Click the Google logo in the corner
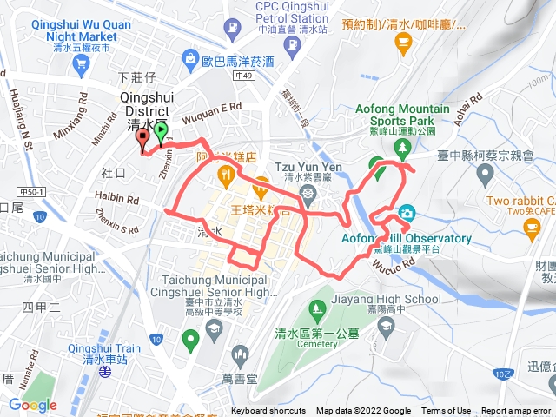coord(33,405)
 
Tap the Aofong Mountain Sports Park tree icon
coord(402,148)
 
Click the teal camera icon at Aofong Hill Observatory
coord(406,214)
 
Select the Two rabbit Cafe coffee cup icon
coord(532,228)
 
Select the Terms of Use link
coord(447,411)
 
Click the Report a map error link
coord(517,411)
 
